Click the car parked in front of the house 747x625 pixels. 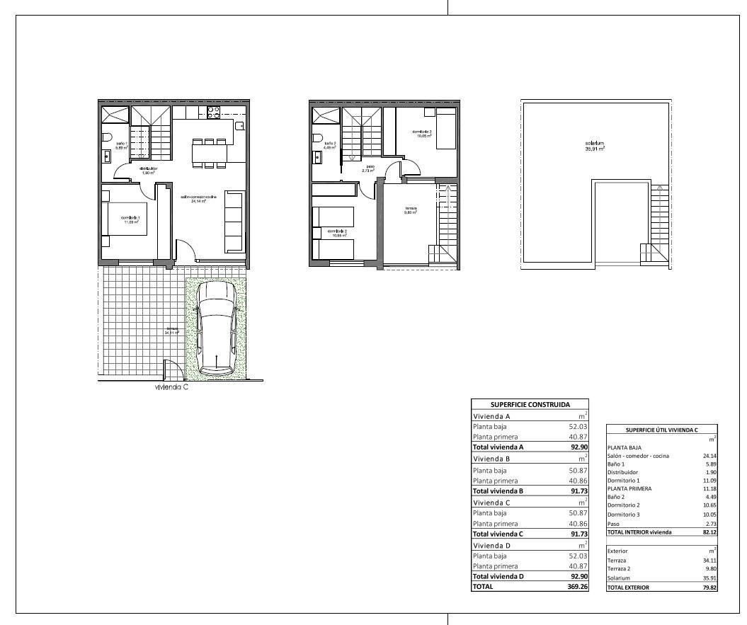pyautogui.click(x=216, y=328)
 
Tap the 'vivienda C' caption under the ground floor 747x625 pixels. pyautogui.click(x=171, y=387)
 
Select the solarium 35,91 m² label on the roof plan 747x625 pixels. pyautogui.click(x=595, y=147)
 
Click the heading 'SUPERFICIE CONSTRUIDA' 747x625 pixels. pyautogui.click(x=530, y=404)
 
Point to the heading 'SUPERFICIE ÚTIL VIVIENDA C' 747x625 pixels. pyautogui.click(x=661, y=430)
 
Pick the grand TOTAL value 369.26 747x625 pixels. pyautogui.click(x=574, y=587)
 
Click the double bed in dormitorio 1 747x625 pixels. pyautogui.click(x=129, y=219)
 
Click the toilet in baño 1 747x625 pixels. pyautogui.click(x=107, y=137)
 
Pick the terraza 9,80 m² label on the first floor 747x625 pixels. pyautogui.click(x=411, y=210)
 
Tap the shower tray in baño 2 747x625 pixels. pyautogui.click(x=325, y=115)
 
